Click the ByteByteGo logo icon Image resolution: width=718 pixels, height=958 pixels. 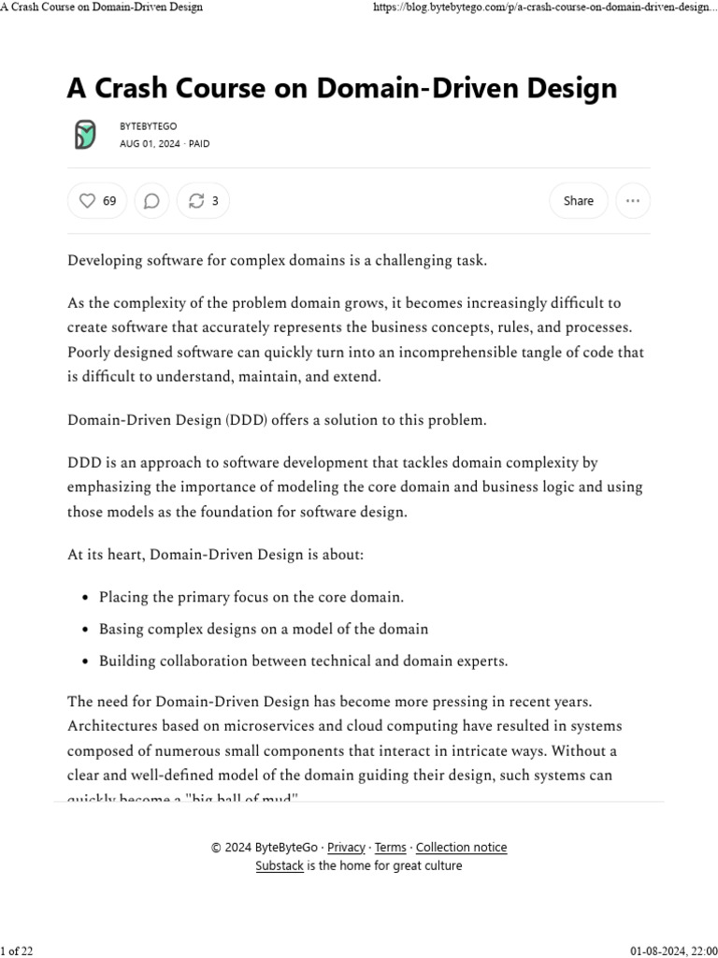(85, 135)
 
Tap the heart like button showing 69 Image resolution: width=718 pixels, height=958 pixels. (97, 200)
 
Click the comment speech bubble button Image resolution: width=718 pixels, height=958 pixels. (151, 200)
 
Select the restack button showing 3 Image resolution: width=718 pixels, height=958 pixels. (203, 200)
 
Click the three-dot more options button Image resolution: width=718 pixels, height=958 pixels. (633, 200)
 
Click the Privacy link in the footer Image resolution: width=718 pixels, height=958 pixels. (346, 848)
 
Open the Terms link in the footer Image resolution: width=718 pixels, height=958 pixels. (390, 848)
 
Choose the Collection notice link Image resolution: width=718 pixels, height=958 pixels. (461, 848)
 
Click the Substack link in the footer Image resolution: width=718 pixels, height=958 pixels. (280, 866)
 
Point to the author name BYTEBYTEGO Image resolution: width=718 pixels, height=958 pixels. (148, 126)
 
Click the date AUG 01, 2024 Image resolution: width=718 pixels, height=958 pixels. (151, 144)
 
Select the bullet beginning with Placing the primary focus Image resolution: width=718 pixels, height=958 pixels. (251, 597)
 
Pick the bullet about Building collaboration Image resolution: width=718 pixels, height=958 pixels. (303, 661)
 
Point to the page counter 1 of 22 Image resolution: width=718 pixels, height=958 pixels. (17, 951)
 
